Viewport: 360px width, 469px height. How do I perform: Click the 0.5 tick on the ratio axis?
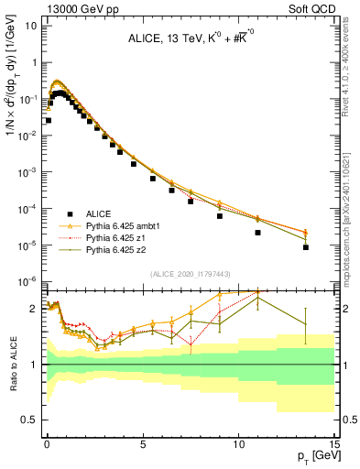point(30,420)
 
